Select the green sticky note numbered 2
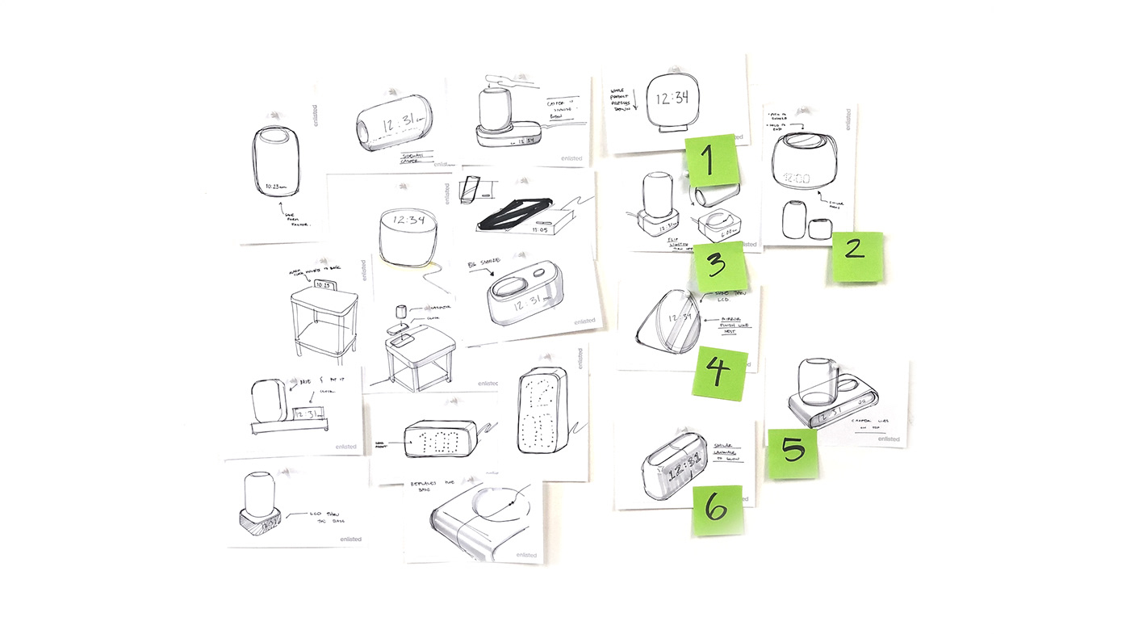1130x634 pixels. (857, 256)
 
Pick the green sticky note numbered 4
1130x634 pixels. (719, 373)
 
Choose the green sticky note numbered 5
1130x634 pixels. (792, 453)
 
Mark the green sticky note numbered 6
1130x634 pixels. (716, 510)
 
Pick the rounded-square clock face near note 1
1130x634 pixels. (672, 99)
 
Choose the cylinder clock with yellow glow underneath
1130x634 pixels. (410, 235)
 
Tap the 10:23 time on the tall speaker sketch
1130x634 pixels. (276, 187)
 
